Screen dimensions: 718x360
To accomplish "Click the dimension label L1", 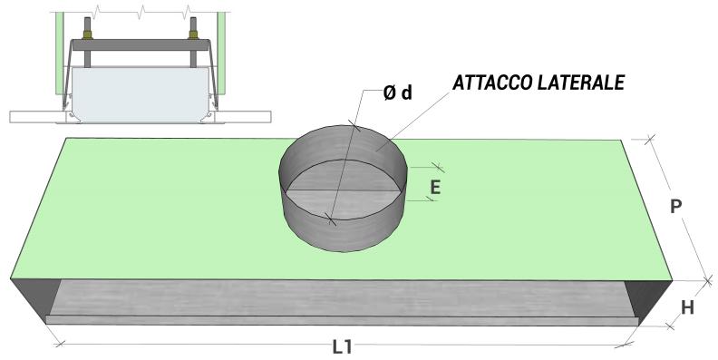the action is (x=342, y=348).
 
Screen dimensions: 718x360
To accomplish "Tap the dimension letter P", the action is (x=675, y=207).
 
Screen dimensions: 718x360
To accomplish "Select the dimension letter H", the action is (x=687, y=308).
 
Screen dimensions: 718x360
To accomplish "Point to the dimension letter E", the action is (x=435, y=188).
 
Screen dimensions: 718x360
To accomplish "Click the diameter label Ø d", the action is (x=397, y=93).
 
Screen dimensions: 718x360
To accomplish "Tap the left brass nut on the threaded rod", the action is (x=87, y=34).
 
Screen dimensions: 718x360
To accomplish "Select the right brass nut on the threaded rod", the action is (x=193, y=34).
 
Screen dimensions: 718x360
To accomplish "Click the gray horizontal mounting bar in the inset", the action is (x=141, y=44).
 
